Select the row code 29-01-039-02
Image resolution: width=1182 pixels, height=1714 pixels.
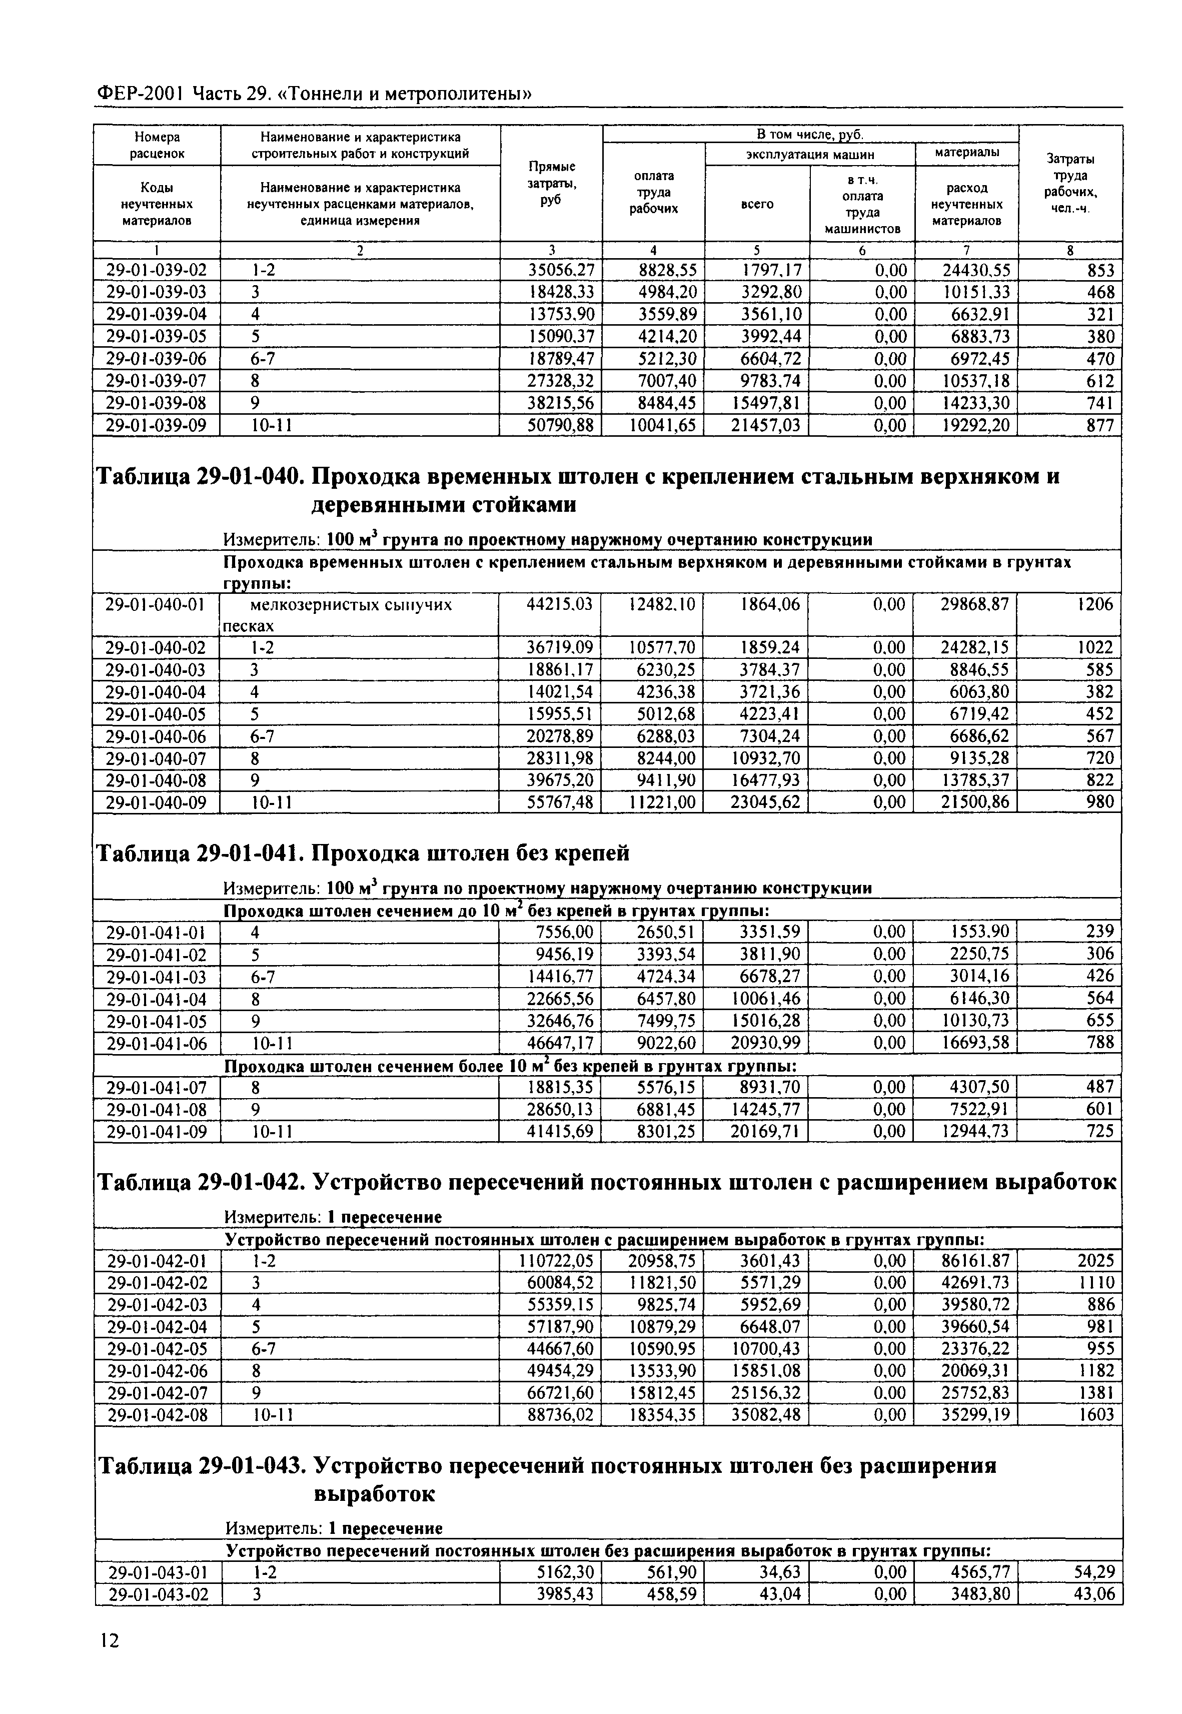[157, 270]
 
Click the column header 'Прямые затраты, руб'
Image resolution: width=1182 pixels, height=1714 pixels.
[552, 183]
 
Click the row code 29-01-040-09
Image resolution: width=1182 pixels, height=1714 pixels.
[157, 802]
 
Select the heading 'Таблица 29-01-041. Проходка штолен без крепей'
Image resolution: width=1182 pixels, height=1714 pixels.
[364, 853]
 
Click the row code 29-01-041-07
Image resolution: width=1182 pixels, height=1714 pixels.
[157, 1087]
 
